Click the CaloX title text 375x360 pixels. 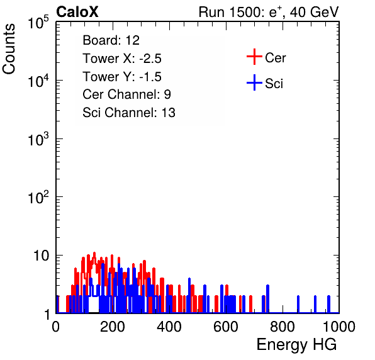click(77, 12)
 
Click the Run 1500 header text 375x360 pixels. click(269, 12)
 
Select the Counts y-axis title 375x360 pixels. click(9, 49)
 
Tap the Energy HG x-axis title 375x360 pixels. click(296, 344)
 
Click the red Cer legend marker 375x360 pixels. click(254, 57)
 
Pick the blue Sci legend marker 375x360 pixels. click(254, 82)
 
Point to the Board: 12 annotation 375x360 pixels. click(111, 40)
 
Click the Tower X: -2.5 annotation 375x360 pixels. click(122, 59)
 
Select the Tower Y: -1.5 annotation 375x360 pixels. click(122, 77)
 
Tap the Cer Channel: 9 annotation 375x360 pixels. click(126, 94)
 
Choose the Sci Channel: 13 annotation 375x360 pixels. click(129, 113)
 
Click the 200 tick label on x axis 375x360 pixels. click(113, 327)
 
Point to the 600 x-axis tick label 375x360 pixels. click(226, 327)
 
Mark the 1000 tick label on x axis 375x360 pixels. click(339, 327)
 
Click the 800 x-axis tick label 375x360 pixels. click(283, 327)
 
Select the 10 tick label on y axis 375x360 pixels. click(41, 256)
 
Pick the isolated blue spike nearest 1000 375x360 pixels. click(329, 304)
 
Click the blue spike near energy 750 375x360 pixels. click(267, 299)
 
